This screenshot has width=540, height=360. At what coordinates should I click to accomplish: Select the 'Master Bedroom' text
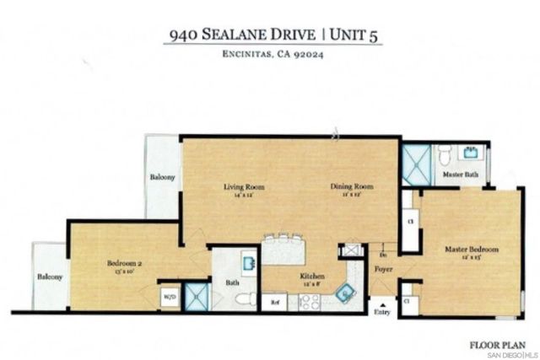click(x=473, y=250)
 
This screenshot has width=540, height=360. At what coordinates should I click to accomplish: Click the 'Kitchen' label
click(x=290, y=276)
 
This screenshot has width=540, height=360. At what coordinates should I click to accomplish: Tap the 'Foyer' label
click(x=384, y=270)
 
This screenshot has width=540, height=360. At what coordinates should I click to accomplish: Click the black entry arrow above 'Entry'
click(x=384, y=305)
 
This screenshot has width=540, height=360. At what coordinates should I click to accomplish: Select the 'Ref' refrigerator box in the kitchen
click(x=274, y=302)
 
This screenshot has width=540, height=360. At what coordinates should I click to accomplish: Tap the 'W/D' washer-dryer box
click(x=168, y=297)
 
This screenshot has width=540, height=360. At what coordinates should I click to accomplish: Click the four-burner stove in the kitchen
click(x=303, y=300)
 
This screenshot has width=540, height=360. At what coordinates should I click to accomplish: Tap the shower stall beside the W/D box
click(x=196, y=296)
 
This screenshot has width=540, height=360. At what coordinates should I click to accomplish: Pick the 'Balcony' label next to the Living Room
click(x=163, y=178)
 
